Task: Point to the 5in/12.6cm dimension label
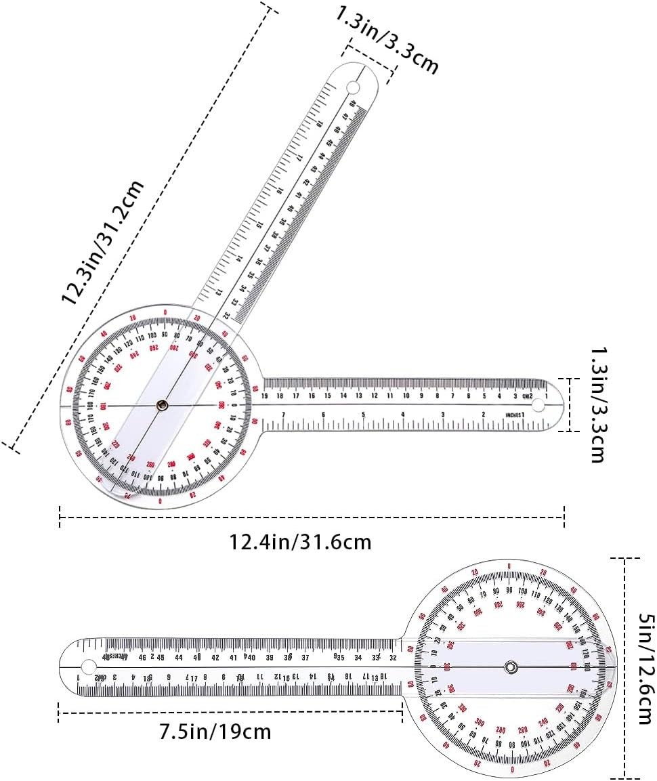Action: [x=645, y=668]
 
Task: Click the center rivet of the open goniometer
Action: [x=162, y=405]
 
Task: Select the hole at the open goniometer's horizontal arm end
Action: [x=538, y=405]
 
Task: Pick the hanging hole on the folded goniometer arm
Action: [x=87, y=667]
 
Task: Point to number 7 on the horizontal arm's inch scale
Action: [x=282, y=415]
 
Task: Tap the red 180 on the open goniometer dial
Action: [x=104, y=406]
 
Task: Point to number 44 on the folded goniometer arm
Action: [x=179, y=657]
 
